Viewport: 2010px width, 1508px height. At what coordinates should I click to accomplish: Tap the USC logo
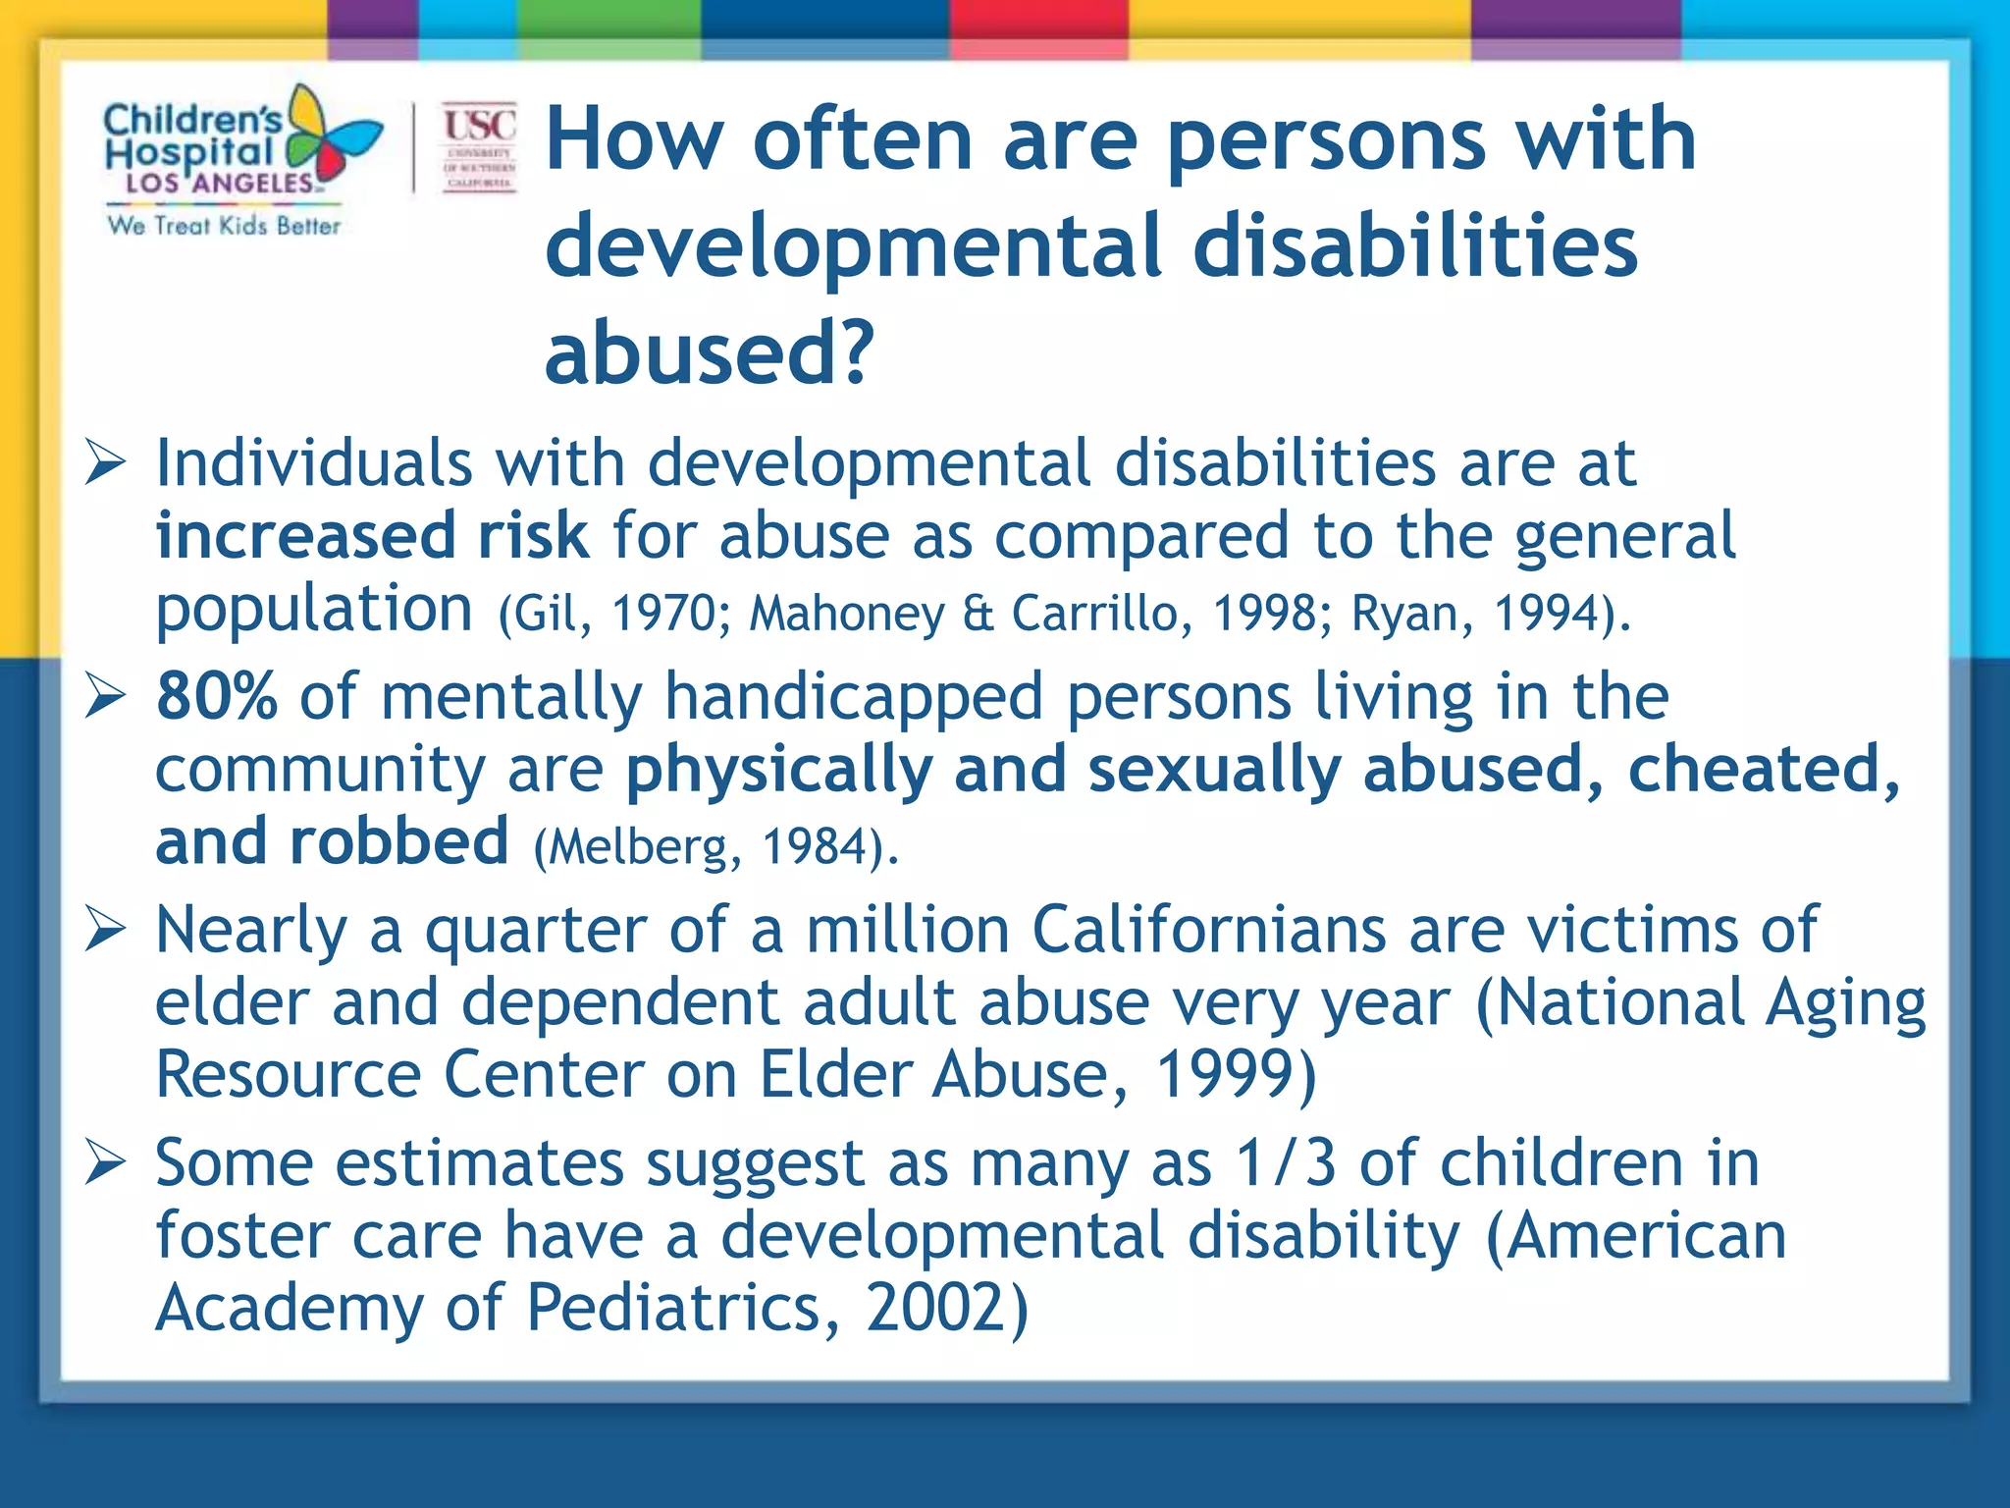pyautogui.click(x=479, y=147)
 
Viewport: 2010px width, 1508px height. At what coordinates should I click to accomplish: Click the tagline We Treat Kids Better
pyautogui.click(x=224, y=226)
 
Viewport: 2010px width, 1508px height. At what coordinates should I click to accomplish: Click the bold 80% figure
pyautogui.click(x=216, y=696)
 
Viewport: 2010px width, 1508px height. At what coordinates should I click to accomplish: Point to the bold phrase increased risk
pyautogui.click(x=371, y=536)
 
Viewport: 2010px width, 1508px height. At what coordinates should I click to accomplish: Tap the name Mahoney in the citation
pyautogui.click(x=847, y=614)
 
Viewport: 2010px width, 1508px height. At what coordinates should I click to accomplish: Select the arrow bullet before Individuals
pyautogui.click(x=105, y=463)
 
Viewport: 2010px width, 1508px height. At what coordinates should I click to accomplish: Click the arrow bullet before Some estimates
pyautogui.click(x=105, y=1162)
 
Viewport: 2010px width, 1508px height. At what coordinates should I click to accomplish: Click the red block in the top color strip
pyautogui.click(x=1038, y=20)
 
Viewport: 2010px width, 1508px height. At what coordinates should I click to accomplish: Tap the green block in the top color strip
pyautogui.click(x=608, y=20)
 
